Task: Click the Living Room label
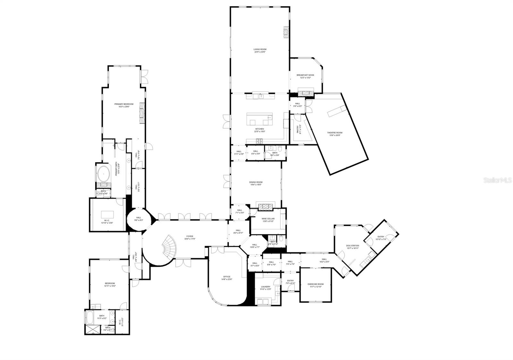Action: point(260,51)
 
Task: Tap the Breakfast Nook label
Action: point(305,76)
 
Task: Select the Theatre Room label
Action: point(335,134)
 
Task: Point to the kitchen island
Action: point(260,119)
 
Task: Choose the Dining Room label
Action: point(256,184)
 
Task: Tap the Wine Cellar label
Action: point(268,220)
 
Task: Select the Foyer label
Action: point(190,237)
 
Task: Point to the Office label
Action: point(227,278)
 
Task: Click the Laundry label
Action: point(266,288)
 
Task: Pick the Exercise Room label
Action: point(315,285)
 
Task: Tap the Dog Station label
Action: point(352,247)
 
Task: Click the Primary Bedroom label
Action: point(124,105)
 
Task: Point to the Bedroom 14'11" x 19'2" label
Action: point(110,284)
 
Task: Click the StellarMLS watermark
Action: point(497,181)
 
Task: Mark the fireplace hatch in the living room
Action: point(286,32)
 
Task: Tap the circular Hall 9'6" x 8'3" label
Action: point(139,219)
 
